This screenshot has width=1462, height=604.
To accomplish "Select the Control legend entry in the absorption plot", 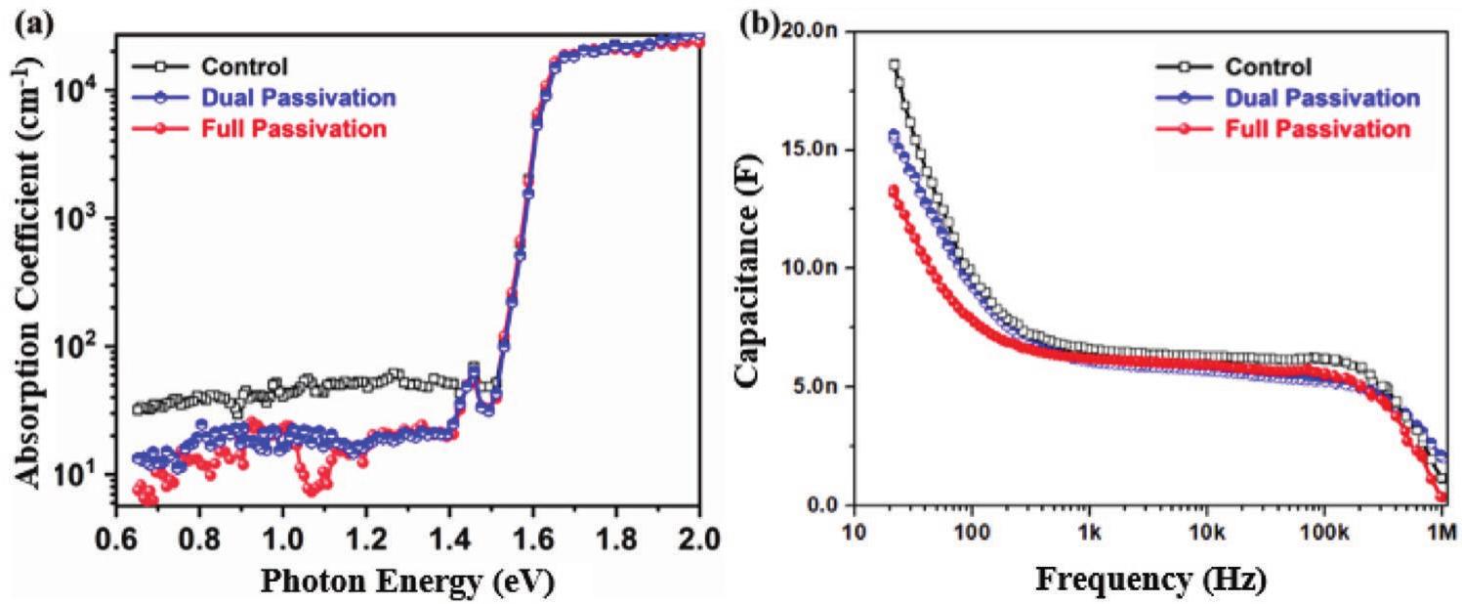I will pos(244,67).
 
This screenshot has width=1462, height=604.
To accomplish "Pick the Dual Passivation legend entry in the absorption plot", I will pos(298,98).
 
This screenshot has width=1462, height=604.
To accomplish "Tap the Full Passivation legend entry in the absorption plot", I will pos(293,128).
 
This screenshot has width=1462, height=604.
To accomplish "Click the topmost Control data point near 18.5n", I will pos(866,65).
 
